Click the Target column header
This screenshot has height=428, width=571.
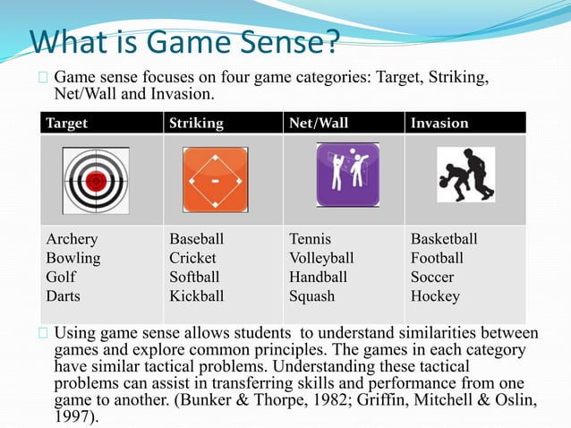tap(67, 123)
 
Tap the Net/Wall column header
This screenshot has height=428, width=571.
tap(316, 123)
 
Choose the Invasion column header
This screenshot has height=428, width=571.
tap(439, 123)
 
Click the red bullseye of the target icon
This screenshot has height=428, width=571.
tap(97, 180)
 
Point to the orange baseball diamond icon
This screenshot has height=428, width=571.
tap(215, 179)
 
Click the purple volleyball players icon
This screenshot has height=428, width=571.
tap(347, 175)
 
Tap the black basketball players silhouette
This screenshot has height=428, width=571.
tap(465, 175)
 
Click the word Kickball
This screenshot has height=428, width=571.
tap(197, 295)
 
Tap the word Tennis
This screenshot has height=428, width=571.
tap(310, 239)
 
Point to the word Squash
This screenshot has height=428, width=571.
tap(311, 295)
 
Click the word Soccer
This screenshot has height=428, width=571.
tap(432, 277)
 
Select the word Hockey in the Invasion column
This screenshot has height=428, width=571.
tap(435, 295)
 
